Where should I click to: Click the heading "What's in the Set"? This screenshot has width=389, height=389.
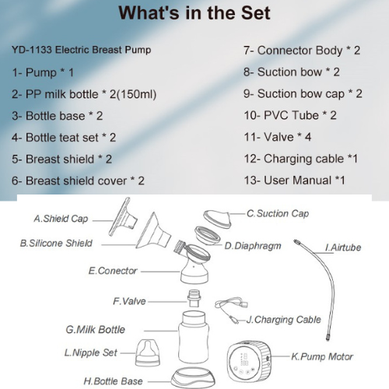tap(194, 13)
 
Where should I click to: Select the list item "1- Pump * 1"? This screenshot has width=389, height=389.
tap(44, 72)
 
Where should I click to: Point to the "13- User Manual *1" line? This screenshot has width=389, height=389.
tap(294, 180)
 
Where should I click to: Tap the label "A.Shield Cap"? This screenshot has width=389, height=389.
tap(61, 219)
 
